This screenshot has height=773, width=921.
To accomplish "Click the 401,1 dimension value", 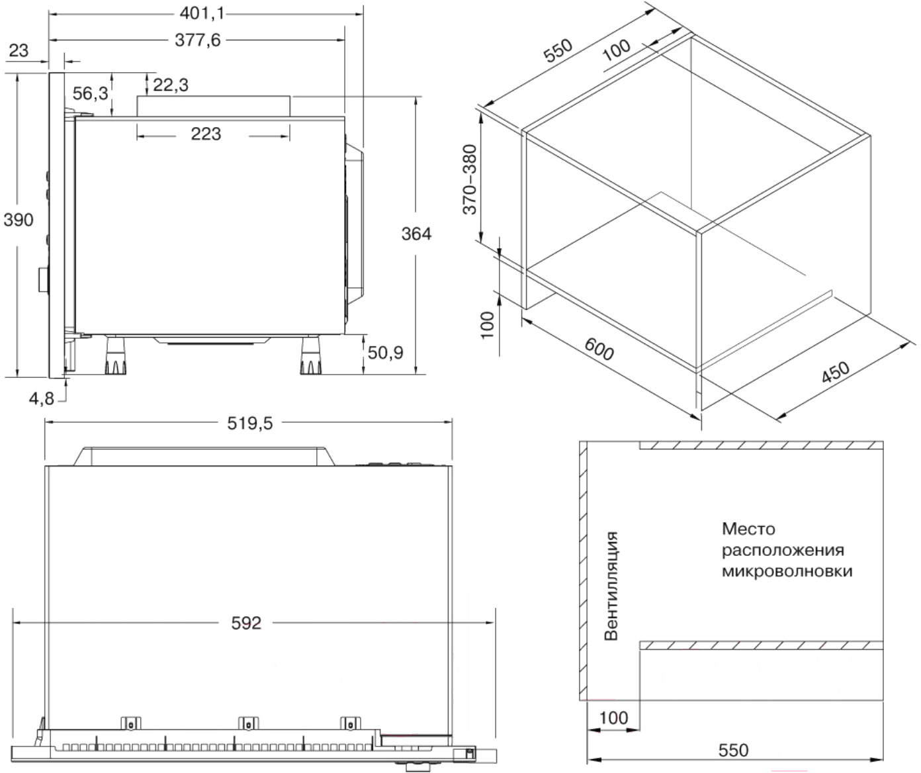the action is coord(202,14).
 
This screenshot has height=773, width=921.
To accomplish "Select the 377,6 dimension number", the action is coord(198,40).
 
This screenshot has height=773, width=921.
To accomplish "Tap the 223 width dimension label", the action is coord(206,134).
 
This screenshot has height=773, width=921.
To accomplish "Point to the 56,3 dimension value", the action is coord(91,93).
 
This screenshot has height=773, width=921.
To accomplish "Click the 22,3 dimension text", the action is coord(171,85).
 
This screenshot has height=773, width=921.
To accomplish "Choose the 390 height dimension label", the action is coord(19,220).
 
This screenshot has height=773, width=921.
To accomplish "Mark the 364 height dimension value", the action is coord(416,234).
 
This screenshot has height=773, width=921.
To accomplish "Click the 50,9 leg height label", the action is coord(386,353).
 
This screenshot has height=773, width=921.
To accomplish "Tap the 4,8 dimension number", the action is coord(42,399).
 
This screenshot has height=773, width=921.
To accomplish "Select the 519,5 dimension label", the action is coord(250,424).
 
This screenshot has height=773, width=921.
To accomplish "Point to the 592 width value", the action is coord(246,623).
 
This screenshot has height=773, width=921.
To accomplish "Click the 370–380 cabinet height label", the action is coord(470,179).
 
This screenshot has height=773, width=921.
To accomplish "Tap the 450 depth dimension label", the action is coord(836,372).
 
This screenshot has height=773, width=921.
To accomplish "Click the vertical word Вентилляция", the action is coord(611,586).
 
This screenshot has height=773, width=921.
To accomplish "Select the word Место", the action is coord(748,529).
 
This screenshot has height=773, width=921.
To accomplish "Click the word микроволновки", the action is coord(787,571).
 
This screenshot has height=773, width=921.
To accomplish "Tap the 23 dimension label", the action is coord(19,51).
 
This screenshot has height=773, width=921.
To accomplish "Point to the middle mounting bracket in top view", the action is coord(248,723).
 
